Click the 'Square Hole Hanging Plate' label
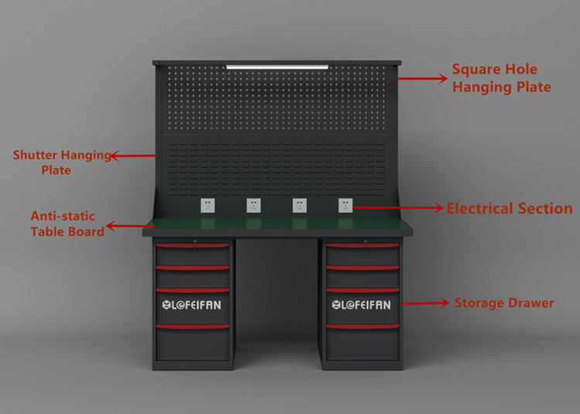pyautogui.click(x=501, y=78)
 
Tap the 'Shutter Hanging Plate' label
pyautogui.click(x=62, y=162)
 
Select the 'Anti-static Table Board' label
pyautogui.click(x=67, y=224)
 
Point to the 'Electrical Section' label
pyautogui.click(x=509, y=208)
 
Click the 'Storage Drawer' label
pyautogui.click(x=503, y=303)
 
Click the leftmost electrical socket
pyautogui.click(x=207, y=205)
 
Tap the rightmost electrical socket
pyautogui.click(x=346, y=205)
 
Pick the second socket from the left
pyautogui.click(x=253, y=205)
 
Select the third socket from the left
pyautogui.click(x=299, y=205)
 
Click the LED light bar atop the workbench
pyautogui.click(x=276, y=67)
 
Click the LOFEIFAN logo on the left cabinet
pyautogui.click(x=192, y=305)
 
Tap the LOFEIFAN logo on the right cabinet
pyautogui.click(x=361, y=305)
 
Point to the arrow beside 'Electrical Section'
pyautogui.click(x=398, y=207)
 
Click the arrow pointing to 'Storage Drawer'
pyautogui.click(x=425, y=303)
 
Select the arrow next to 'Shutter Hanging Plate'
pyautogui.click(x=132, y=156)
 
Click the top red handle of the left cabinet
pyautogui.click(x=193, y=247)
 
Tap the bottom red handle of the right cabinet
pyautogui.click(x=362, y=327)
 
